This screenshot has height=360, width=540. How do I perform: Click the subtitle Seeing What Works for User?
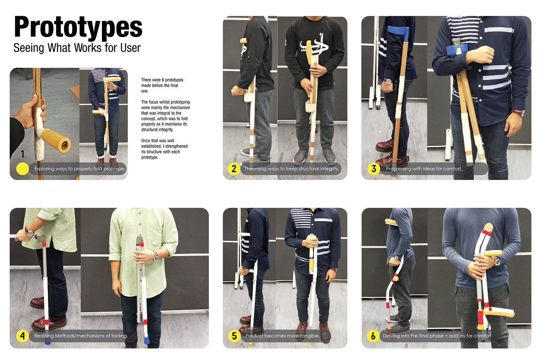coord(77,48)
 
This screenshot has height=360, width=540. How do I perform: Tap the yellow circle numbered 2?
coord(234,168)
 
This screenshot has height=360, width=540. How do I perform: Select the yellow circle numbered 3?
coord(373,168)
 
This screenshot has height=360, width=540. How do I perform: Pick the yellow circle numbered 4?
coord(22,336)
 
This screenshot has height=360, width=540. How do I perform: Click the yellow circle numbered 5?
coord(234,336)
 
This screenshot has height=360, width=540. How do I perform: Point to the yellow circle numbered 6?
coord(373,336)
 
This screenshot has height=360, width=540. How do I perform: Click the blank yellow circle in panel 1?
coord(22,169)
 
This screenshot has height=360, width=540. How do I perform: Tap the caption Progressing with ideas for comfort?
coord(424,169)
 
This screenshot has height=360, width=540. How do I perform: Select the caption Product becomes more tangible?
coord(282,336)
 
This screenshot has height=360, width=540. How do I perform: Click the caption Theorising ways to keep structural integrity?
coord(292,169)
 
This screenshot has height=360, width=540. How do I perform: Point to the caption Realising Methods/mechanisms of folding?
coord(81,336)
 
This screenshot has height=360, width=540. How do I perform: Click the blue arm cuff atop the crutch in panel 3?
coord(398,30)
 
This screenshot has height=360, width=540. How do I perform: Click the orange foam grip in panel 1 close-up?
coord(56,140)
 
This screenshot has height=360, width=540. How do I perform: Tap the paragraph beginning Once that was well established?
coord(164,149)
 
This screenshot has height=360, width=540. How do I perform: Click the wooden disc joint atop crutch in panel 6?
coord(488,228)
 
